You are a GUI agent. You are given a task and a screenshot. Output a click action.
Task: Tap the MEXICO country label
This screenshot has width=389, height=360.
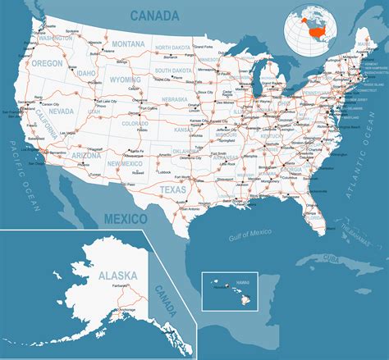pyautogui.click(x=126, y=218)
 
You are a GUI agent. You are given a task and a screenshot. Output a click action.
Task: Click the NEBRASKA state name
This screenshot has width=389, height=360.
pyautogui.click(x=176, y=99)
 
